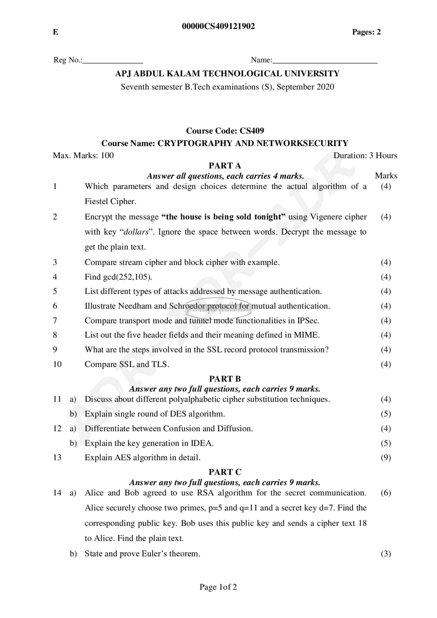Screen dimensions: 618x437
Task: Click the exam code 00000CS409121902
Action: click(218, 26)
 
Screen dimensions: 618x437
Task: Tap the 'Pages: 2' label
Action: click(366, 32)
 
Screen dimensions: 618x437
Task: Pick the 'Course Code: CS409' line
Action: click(225, 131)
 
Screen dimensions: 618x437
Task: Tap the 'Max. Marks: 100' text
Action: click(83, 155)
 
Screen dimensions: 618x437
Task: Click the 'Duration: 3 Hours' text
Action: click(365, 155)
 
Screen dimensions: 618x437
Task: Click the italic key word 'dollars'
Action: click(136, 232)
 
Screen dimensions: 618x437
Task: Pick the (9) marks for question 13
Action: click(386, 457)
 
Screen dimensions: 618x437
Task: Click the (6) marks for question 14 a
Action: click(386, 493)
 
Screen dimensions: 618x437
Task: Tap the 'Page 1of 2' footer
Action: click(218, 587)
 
